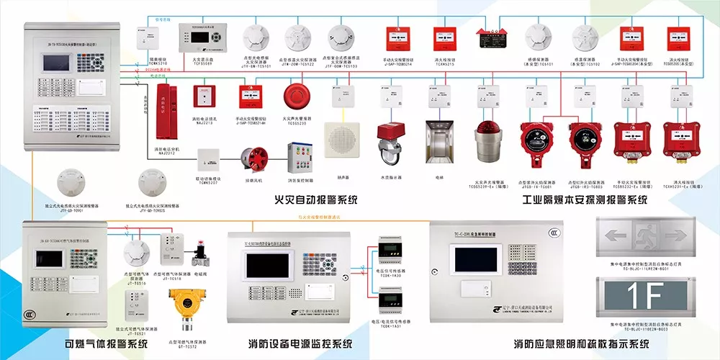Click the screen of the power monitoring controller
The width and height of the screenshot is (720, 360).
click(x=268, y=266)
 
